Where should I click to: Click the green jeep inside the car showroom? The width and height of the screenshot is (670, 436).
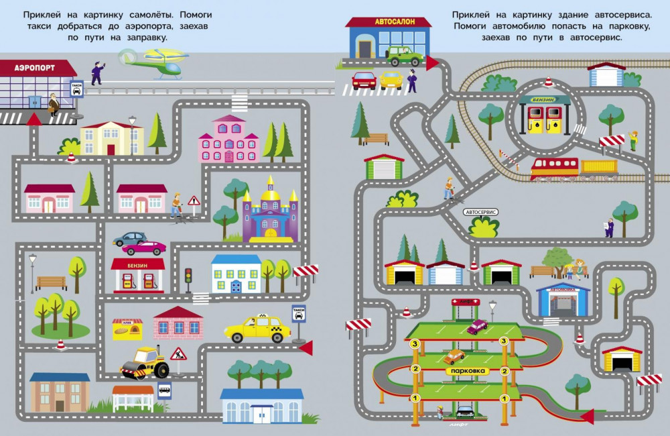[x=404, y=56]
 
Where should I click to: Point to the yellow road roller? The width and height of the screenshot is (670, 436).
[x=145, y=363]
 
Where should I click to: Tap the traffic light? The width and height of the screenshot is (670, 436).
[x=188, y=276]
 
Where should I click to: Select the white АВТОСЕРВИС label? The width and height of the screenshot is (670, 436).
[x=480, y=212]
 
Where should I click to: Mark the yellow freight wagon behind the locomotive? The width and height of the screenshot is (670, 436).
[x=599, y=168]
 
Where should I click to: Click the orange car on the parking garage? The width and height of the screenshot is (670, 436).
[x=454, y=356]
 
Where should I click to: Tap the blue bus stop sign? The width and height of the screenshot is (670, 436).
[x=164, y=388]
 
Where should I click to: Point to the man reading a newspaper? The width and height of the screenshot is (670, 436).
[x=609, y=227]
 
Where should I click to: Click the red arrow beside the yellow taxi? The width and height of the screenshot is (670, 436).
[x=306, y=347]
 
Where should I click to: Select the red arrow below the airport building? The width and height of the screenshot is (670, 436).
[x=32, y=119]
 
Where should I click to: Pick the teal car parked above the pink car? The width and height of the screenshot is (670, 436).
[x=129, y=238]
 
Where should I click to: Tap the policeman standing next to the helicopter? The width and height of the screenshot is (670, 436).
[x=97, y=72]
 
